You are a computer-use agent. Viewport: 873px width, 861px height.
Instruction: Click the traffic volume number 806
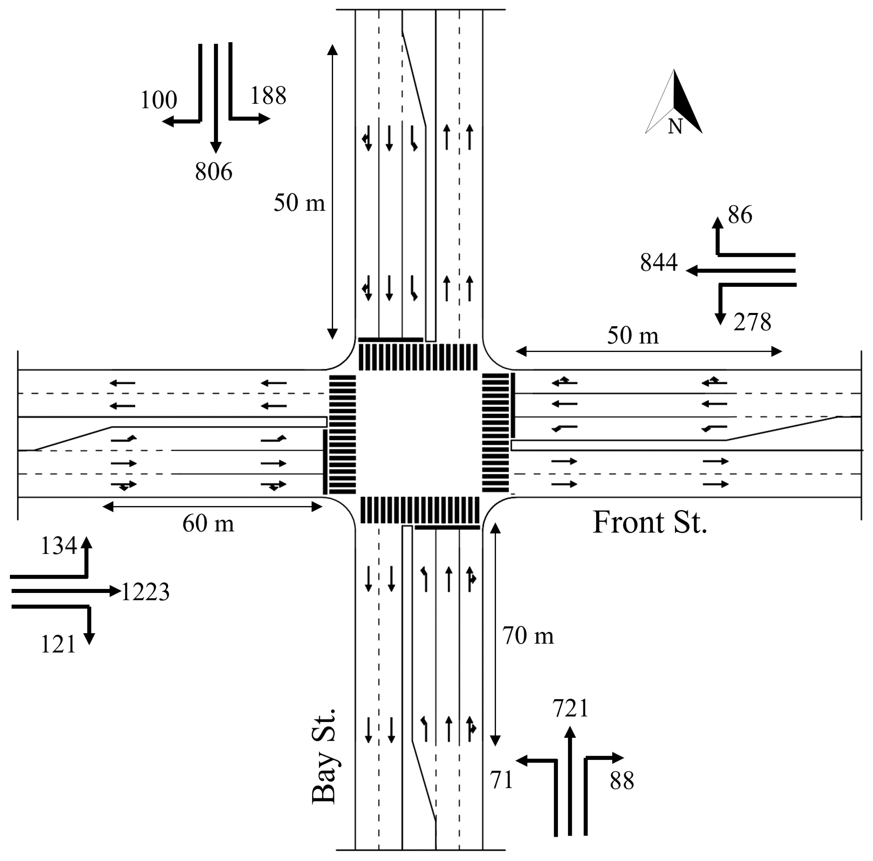click(213, 172)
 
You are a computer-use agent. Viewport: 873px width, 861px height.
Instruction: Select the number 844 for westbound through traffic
click(658, 262)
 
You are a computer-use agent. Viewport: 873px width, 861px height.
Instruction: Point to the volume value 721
click(570, 708)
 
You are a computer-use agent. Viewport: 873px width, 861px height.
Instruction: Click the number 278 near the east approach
click(752, 323)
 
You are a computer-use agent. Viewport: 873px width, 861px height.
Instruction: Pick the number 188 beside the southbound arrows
click(268, 96)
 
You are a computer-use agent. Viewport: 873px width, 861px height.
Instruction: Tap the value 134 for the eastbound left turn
click(58, 546)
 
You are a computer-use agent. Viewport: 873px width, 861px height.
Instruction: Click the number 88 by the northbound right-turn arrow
click(622, 780)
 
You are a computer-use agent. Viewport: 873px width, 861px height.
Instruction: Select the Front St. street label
click(649, 523)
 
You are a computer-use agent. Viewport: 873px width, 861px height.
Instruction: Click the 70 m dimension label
click(528, 636)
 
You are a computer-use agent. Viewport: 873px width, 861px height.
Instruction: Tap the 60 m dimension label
click(208, 524)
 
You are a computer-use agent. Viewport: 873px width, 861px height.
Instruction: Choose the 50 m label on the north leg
click(299, 203)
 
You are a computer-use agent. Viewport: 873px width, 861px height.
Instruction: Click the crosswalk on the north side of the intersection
click(418, 357)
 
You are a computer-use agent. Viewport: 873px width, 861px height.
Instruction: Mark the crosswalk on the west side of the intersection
click(342, 434)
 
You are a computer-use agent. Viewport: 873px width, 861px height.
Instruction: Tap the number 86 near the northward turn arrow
click(740, 215)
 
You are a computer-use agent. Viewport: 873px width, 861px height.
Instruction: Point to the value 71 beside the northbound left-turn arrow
click(502, 780)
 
